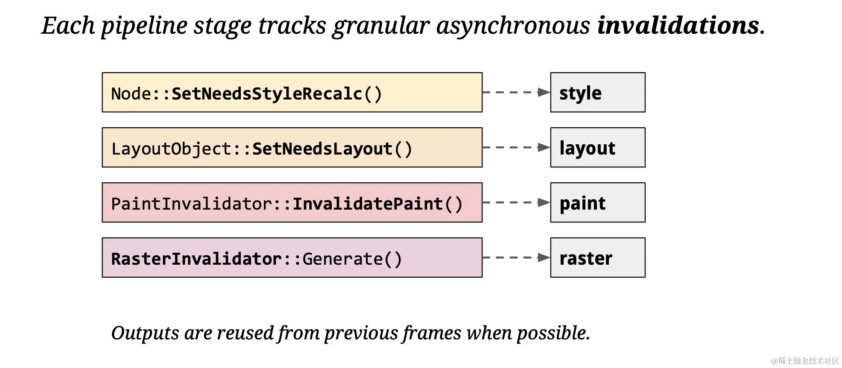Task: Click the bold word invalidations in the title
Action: [678, 25]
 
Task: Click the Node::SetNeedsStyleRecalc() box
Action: [292, 92]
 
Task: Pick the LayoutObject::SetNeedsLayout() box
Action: [292, 147]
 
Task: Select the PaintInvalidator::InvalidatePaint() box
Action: [292, 202]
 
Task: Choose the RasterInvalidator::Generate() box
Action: [292, 257]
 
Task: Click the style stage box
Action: [598, 92]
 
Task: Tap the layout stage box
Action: [598, 147]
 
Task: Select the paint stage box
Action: [598, 202]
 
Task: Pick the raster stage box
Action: [598, 257]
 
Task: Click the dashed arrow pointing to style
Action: [516, 92]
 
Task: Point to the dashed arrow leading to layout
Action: [516, 147]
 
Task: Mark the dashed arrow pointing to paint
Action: [516, 202]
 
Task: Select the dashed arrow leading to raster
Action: [516, 257]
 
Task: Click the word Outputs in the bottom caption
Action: [145, 333]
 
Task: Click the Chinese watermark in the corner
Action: [805, 361]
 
